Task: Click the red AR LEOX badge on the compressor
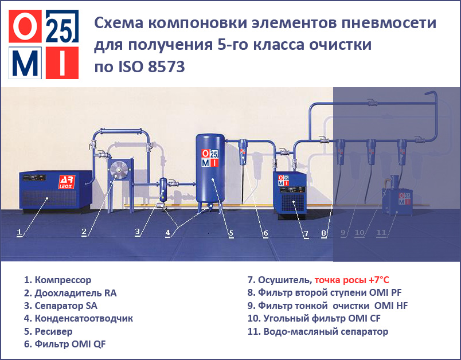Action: pyautogui.click(x=67, y=182)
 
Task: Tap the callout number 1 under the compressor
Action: pyautogui.click(x=19, y=233)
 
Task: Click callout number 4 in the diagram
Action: pyautogui.click(x=167, y=233)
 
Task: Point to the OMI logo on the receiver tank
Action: pyautogui.click(x=210, y=158)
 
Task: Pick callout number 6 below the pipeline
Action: pyautogui.click(x=265, y=233)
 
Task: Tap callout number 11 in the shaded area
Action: pyautogui.click(x=381, y=233)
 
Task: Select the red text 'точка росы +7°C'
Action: pyautogui.click(x=351, y=280)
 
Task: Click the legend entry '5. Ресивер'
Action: pyautogui.click(x=48, y=331)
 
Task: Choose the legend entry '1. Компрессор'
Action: pyautogui.click(x=57, y=280)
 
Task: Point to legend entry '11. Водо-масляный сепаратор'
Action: pyautogui.click(x=318, y=331)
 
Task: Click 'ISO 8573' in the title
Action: pyautogui.click(x=151, y=66)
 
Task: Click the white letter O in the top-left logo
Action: pyautogui.click(x=25, y=26)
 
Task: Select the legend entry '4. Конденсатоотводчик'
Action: pyautogui.click(x=79, y=318)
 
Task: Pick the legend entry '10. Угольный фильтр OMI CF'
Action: pyautogui.click(x=314, y=318)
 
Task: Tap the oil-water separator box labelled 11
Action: pyautogui.click(x=397, y=200)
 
